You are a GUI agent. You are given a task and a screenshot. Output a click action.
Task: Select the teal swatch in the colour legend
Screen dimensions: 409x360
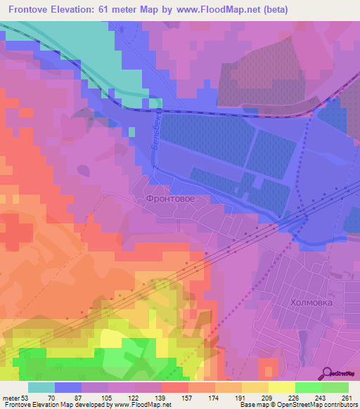[x=41, y=388]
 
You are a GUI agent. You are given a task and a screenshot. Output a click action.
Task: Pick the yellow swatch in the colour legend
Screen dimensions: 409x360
[x=281, y=388]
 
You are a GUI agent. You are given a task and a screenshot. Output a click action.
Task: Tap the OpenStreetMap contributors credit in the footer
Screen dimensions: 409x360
[x=316, y=404]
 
